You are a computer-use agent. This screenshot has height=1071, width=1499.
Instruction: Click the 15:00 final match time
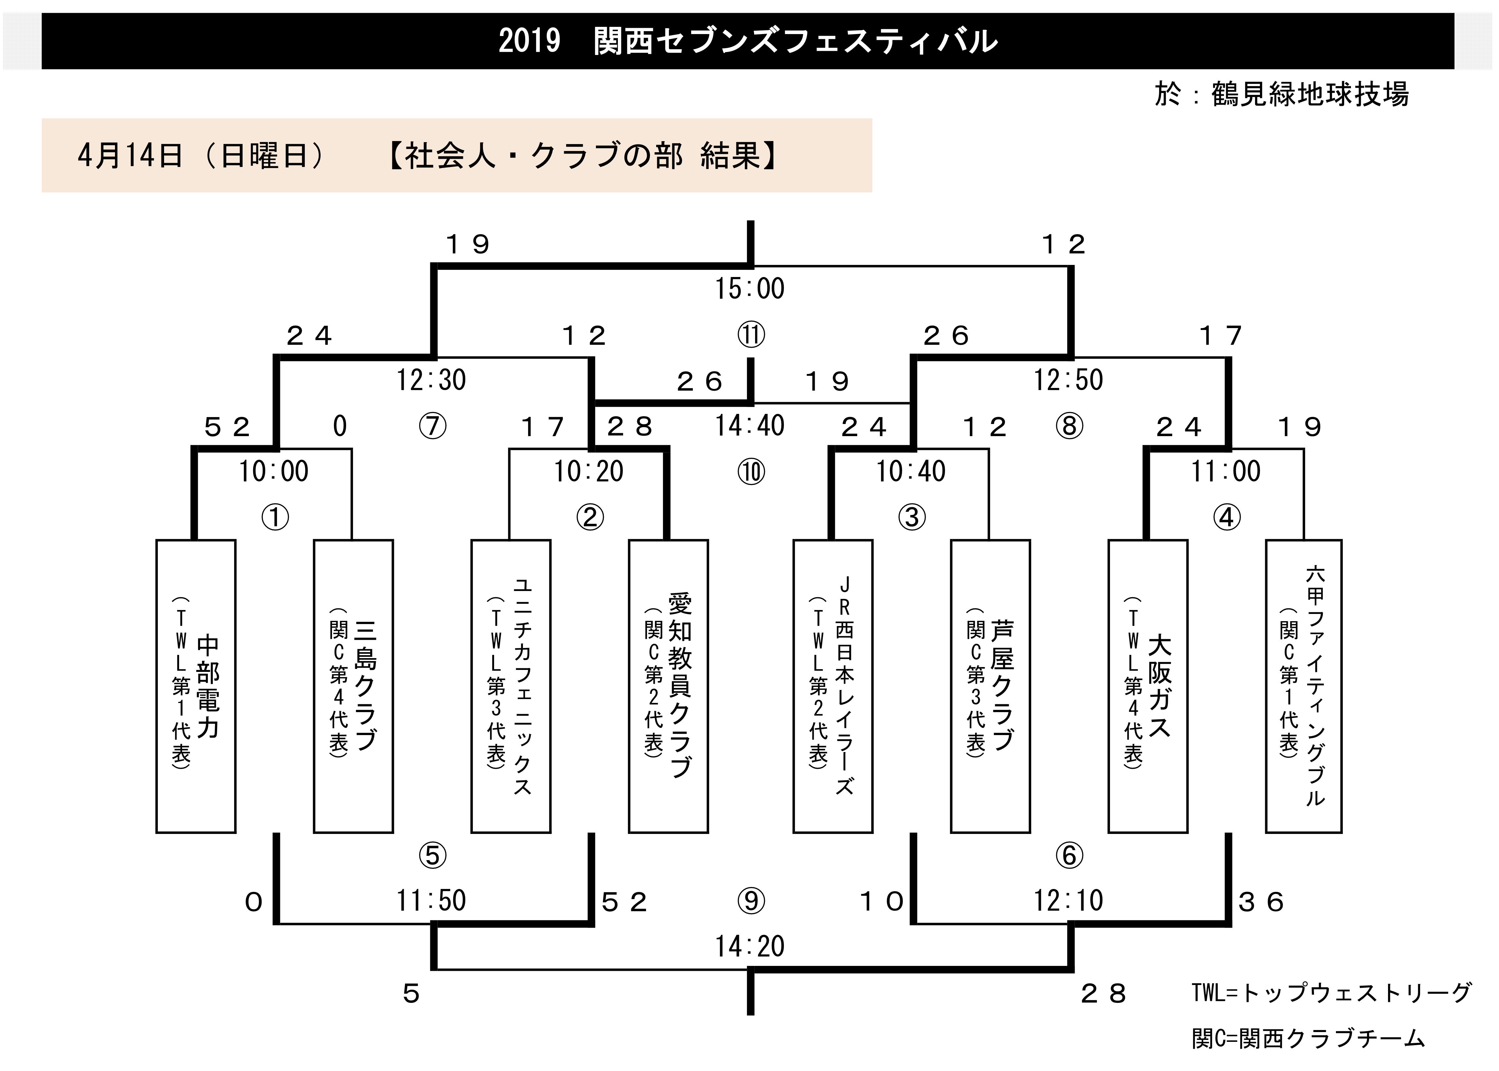pyautogui.click(x=750, y=289)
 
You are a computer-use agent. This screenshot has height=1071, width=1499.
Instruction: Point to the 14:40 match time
pyautogui.click(x=750, y=426)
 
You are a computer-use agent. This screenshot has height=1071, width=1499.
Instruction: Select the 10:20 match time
pyautogui.click(x=589, y=471)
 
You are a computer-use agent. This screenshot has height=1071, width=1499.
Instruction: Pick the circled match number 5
pyautogui.click(x=433, y=855)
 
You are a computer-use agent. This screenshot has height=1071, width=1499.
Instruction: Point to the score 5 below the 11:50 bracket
pyautogui.click(x=412, y=994)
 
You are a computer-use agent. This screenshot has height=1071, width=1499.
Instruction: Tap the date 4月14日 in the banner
pyautogui.click(x=130, y=156)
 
